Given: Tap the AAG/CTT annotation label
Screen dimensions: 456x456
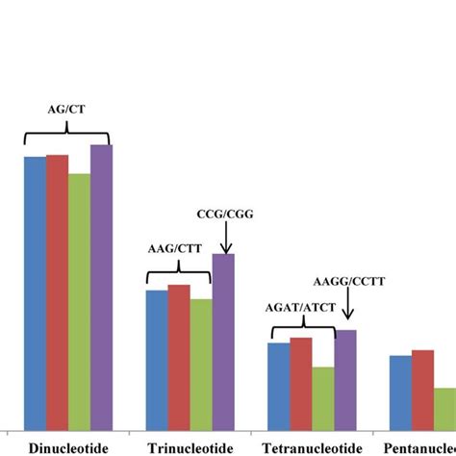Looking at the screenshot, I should click(173, 248).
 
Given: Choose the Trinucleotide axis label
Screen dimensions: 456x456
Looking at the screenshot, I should click(190, 447).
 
